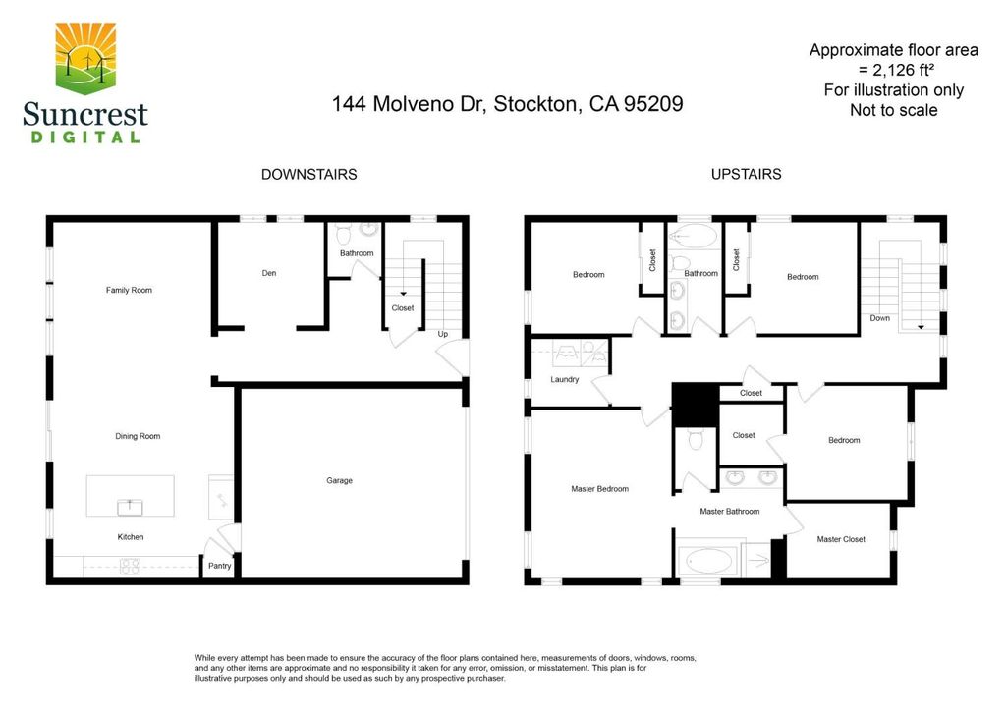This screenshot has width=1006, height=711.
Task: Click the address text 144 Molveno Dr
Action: click(x=406, y=104)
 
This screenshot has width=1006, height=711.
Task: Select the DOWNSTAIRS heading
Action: click(x=308, y=175)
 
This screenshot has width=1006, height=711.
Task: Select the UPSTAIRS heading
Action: click(x=747, y=175)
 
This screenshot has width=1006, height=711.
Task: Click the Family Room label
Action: click(x=129, y=290)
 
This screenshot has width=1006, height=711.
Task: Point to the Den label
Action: click(x=269, y=273)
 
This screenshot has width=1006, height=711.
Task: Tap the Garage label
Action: click(x=339, y=480)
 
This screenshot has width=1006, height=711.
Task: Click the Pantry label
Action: click(x=219, y=566)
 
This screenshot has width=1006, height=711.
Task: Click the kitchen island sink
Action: click(x=131, y=507)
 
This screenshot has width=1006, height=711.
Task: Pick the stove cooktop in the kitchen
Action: click(x=131, y=566)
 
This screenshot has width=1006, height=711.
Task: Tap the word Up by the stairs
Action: click(x=443, y=334)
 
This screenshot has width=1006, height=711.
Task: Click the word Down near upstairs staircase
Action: click(x=879, y=318)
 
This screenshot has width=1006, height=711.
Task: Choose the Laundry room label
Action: click(x=565, y=379)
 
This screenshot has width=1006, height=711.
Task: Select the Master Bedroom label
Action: click(x=600, y=488)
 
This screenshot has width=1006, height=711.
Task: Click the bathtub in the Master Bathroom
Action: click(x=708, y=562)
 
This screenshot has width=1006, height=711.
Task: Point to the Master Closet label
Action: click(x=841, y=539)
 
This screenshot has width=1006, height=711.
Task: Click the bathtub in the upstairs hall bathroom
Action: click(x=693, y=236)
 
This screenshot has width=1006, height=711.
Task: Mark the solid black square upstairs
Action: click(x=696, y=404)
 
